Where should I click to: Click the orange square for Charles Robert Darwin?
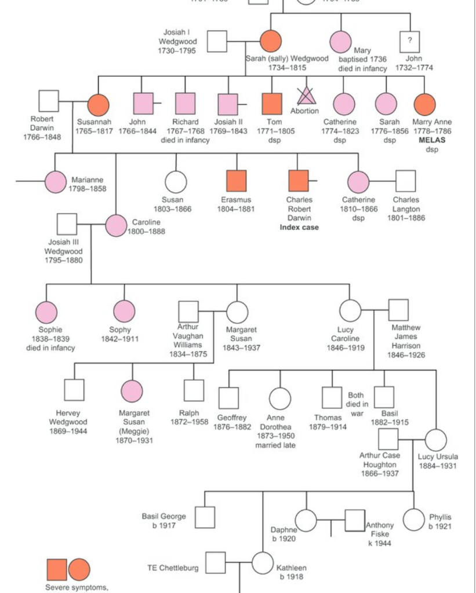coord(299,181)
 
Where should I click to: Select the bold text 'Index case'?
coord(299,228)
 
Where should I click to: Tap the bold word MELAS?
coord(431,140)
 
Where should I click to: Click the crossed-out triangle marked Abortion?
coord(305,96)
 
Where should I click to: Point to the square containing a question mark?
coord(409,42)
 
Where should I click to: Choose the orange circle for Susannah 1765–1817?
coord(98,104)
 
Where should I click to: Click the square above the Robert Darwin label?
coord(49,101)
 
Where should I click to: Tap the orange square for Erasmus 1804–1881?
coord(236,181)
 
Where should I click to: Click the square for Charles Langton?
coord(405,181)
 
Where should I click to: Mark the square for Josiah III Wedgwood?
coord(67,224)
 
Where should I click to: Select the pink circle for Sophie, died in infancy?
coord(46,312)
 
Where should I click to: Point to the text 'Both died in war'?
coord(357,404)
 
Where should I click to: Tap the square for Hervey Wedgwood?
coord(74,390)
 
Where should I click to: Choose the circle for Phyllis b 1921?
coord(413,519)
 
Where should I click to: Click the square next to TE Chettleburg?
coord(216,562)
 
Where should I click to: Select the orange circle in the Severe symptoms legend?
coord(79,570)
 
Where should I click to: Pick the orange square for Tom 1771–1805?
coord(272,104)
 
